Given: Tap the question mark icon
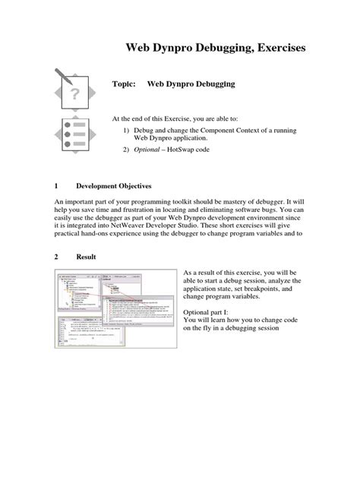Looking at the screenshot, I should click(74, 94).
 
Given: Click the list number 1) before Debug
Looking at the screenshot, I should click(128, 130).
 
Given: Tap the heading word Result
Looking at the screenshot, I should click(85, 257).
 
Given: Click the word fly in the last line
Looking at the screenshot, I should click(210, 329).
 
